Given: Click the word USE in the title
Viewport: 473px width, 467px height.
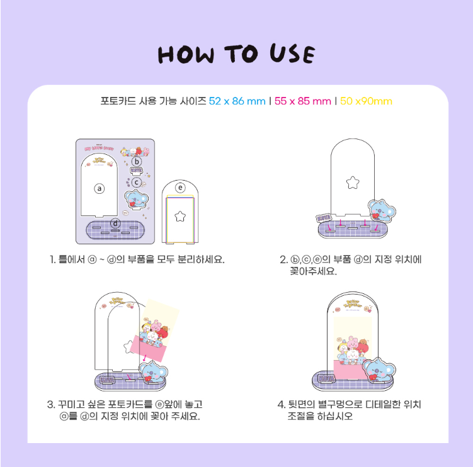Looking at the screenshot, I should (288, 54).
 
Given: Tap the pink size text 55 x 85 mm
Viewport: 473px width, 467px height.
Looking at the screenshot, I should (303, 101).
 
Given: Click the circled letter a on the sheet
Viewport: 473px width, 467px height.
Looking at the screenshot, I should (98, 188).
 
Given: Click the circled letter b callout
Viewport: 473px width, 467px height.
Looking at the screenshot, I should (135, 161).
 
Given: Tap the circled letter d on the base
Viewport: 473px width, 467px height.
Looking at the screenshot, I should (115, 223).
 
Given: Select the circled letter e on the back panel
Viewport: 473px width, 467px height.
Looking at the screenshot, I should (180, 187).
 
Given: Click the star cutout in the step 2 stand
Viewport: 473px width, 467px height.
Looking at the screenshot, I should (352, 182).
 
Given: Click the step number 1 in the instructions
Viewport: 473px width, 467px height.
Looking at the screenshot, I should (53, 259).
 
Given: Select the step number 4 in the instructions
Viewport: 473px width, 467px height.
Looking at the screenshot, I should (282, 405).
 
